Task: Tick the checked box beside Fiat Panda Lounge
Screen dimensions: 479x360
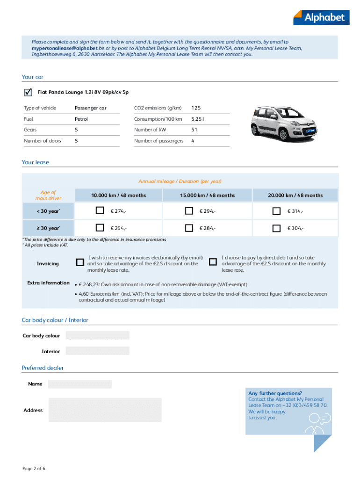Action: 28,92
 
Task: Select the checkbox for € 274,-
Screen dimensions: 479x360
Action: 100,211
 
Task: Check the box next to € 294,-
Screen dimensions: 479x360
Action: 189,211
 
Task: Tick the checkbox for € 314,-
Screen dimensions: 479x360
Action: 277,211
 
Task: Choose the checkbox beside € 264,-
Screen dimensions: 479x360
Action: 100,228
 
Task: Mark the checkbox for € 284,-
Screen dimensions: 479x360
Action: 189,228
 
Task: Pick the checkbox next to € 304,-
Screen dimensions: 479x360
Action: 277,228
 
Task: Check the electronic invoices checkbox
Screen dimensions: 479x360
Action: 80,262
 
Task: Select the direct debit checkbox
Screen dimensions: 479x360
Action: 213,262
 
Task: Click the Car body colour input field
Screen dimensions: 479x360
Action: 97,335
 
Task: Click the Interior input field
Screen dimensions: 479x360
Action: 97,351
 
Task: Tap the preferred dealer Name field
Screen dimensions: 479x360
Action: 80,384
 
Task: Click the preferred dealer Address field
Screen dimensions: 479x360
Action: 105,410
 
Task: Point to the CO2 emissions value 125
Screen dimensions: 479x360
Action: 196,108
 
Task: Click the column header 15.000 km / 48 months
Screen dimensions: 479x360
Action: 207,195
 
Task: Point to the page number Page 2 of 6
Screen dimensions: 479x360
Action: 34,468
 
